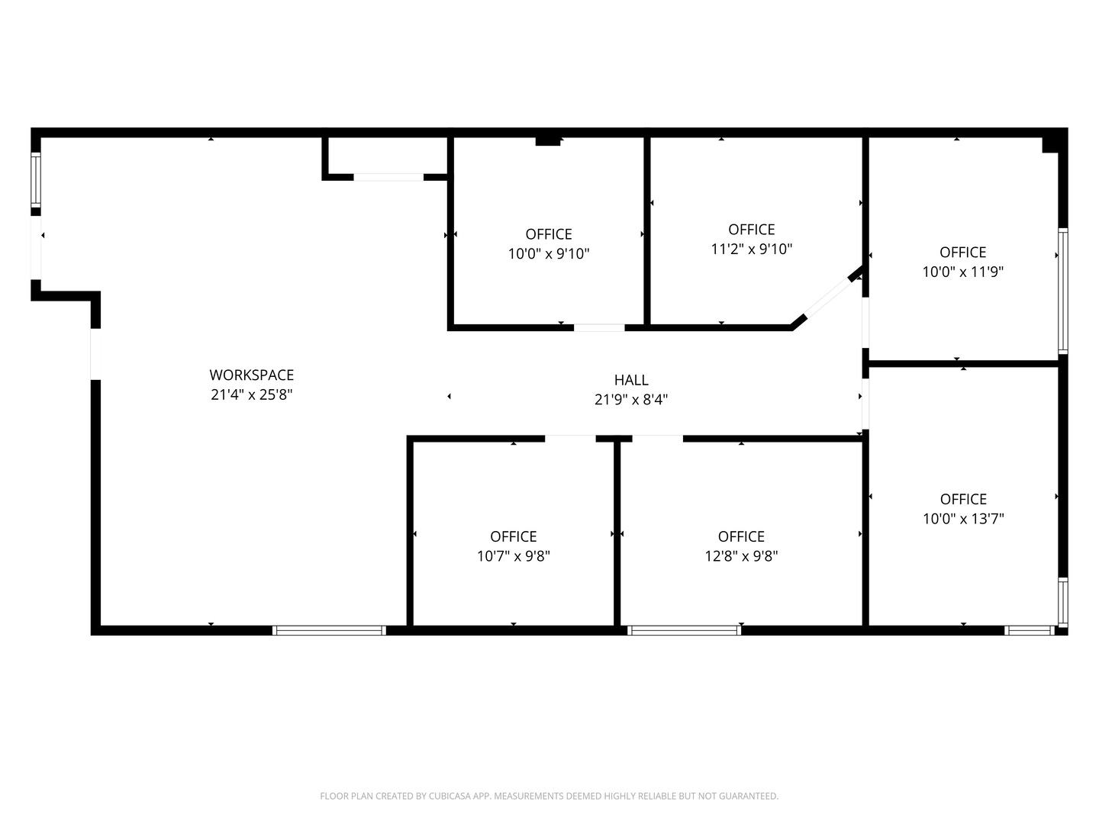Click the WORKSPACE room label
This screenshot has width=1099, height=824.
[x=251, y=375]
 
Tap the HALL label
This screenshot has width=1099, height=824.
[x=631, y=380]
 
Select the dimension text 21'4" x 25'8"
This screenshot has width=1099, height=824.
[x=251, y=394]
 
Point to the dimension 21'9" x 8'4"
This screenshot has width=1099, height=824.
[x=631, y=400]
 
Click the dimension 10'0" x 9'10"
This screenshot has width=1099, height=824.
[x=549, y=253]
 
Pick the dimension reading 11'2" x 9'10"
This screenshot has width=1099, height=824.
[x=752, y=249]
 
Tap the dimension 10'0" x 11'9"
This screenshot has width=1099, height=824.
[x=963, y=272]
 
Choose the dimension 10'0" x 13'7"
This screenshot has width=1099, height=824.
[x=963, y=519]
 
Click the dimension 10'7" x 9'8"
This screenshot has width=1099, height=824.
[x=513, y=556]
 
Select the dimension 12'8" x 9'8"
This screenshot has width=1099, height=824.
[x=741, y=556]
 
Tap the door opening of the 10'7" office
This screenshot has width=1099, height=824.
[x=570, y=439]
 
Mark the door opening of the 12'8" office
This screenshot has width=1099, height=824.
[x=657, y=439]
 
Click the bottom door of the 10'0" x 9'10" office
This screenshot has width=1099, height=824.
[x=599, y=328]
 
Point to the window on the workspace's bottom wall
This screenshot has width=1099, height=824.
[x=329, y=630]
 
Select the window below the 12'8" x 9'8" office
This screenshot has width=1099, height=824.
[x=684, y=630]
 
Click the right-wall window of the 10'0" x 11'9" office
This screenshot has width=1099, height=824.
[x=1063, y=291]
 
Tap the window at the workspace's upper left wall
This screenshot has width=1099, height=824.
[x=36, y=179]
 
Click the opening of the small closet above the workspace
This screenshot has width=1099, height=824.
[x=388, y=177]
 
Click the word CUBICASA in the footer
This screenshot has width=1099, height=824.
[x=447, y=796]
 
